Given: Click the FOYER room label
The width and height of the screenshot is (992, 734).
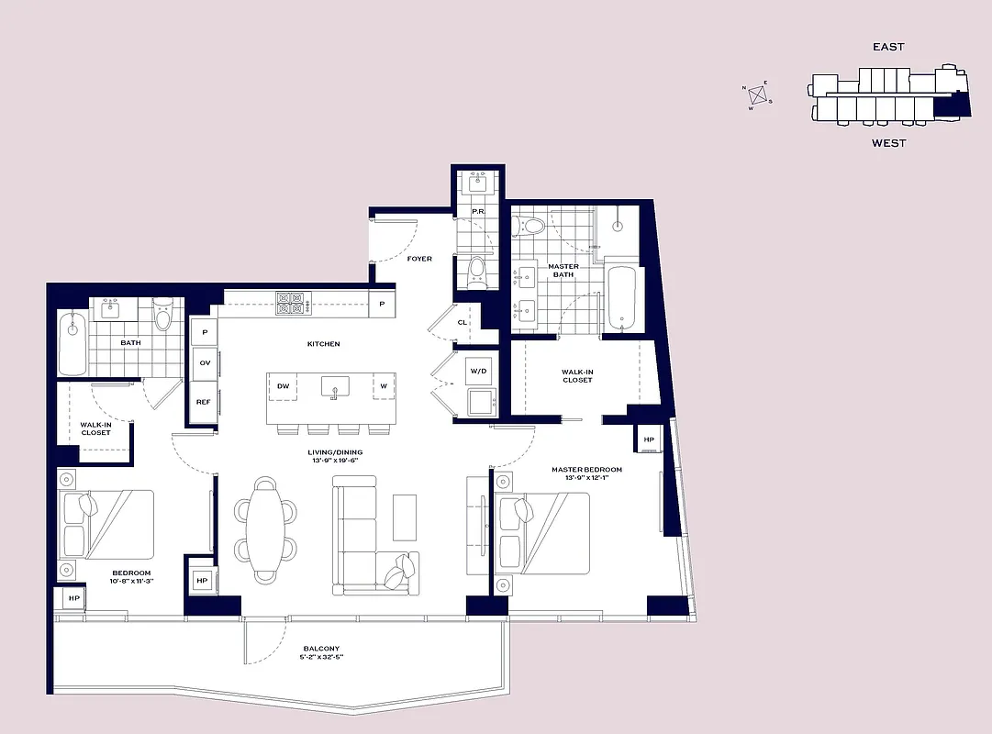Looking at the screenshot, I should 419,259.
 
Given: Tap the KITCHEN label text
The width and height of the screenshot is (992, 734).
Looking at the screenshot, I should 323,344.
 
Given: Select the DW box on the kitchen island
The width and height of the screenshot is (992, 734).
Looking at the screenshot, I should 284,386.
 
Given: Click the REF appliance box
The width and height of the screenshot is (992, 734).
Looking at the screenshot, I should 204,401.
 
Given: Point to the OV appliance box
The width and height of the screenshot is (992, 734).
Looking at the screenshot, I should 205,363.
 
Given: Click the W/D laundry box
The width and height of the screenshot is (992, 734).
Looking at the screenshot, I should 479,371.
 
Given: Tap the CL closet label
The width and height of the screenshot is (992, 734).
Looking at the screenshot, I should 463,322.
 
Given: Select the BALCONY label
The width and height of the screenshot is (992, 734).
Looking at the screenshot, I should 321,650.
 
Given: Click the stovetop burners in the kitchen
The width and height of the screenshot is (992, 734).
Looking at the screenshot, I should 291,303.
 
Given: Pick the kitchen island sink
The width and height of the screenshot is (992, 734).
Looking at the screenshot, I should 335,387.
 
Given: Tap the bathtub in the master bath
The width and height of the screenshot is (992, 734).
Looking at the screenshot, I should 621,297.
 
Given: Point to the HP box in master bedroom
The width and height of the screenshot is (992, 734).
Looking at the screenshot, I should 649,439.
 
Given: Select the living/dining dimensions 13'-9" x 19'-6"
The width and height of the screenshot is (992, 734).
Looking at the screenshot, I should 335,462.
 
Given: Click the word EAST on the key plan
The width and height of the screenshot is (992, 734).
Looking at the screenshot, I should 888,47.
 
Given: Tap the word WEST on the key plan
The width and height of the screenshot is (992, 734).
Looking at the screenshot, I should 888,143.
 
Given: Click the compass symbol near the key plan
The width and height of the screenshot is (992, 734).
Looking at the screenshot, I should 758,94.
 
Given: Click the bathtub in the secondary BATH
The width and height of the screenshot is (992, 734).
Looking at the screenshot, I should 72,343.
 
